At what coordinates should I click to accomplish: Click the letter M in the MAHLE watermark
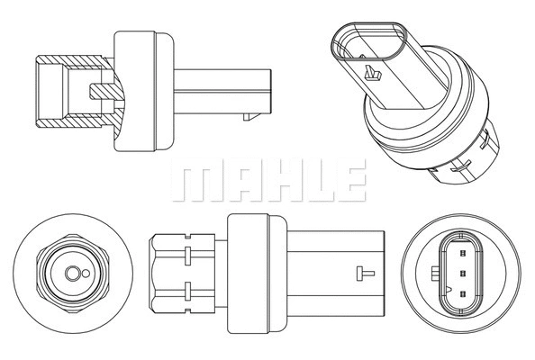pyautogui.click(x=197, y=180)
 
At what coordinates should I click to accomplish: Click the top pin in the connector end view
pyautogui.click(x=463, y=253)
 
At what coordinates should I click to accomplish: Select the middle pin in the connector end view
pyautogui.click(x=463, y=273)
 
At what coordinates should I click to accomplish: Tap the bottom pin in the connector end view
pyautogui.click(x=463, y=293)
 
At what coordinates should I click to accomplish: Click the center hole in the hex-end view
pyautogui.click(x=72, y=274)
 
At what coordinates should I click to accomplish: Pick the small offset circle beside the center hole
pyautogui.click(x=86, y=274)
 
